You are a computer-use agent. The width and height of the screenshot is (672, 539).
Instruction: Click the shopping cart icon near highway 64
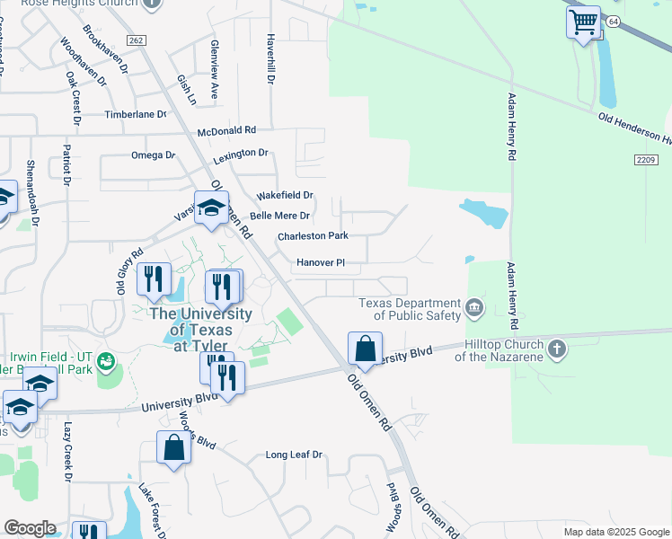click(x=583, y=22)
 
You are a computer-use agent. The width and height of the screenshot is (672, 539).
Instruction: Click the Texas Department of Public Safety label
click(x=410, y=309)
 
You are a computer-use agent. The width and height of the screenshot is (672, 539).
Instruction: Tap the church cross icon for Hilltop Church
click(x=557, y=349)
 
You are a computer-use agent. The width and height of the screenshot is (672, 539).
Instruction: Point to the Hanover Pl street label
click(x=321, y=263)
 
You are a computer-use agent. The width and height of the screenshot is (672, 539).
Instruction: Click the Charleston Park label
click(x=312, y=236)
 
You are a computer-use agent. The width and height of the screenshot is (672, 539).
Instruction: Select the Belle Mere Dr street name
click(x=279, y=216)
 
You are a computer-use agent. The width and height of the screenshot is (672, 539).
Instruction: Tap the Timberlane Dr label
click(x=136, y=115)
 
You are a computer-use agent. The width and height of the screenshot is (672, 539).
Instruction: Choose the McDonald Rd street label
click(x=227, y=130)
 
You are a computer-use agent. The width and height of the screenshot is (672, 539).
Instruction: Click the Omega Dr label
click(x=153, y=155)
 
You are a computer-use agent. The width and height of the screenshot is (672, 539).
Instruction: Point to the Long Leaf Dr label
click(x=294, y=455)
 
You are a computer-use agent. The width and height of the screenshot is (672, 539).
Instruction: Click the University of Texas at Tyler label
click(x=199, y=329)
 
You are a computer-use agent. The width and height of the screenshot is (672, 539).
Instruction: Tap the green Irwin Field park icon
click(x=108, y=361)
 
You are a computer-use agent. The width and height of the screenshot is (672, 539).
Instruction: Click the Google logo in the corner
click(x=30, y=527)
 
